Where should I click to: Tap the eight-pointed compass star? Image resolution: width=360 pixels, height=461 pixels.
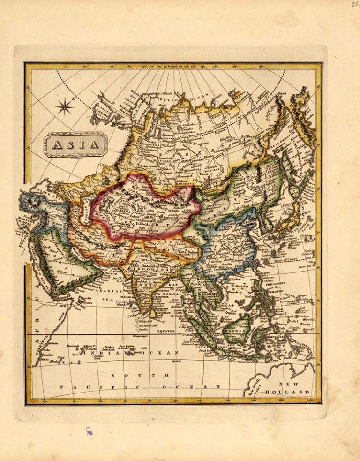[x=65, y=107]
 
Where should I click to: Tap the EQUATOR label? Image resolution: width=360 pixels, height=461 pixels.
[x=165, y=331]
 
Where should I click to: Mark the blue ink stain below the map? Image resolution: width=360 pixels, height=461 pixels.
[x=89, y=431]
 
